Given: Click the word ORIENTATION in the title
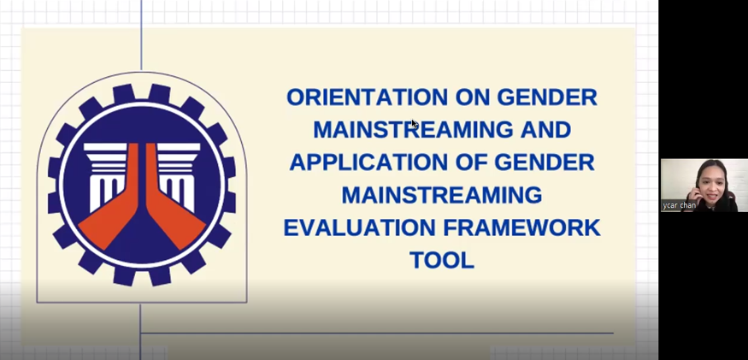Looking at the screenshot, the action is click(367, 97).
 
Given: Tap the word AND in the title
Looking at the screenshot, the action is click(544, 130).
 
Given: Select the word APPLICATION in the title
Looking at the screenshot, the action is click(368, 162).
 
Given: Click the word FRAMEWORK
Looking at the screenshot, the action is click(521, 227).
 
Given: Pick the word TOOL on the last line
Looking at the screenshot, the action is click(442, 260).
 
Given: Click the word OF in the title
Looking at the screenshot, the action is click(471, 162).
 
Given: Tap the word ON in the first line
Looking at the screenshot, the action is click(472, 97).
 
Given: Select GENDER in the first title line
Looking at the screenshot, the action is click(547, 97).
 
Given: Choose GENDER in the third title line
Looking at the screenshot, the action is click(545, 162).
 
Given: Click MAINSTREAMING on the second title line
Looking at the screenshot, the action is click(412, 130).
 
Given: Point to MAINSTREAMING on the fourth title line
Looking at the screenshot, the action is click(442, 195).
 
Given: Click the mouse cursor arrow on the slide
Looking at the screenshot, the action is click(414, 124).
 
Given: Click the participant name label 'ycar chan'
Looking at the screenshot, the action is click(679, 205).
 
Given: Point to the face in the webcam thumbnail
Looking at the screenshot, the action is click(710, 184).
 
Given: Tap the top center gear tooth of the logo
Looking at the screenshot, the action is click(142, 92).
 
